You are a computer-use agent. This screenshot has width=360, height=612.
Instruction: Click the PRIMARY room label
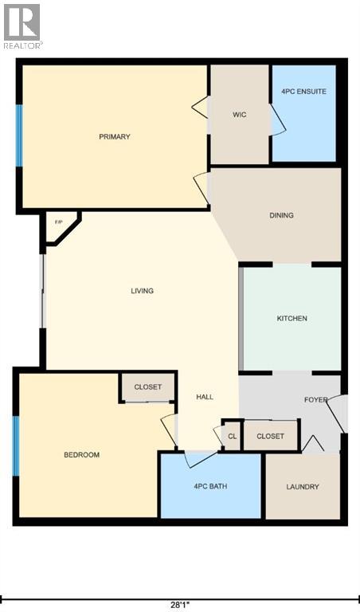point(115,137)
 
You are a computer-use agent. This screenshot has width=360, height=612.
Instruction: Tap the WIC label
point(239,115)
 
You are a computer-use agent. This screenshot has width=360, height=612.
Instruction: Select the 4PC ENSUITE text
point(303,92)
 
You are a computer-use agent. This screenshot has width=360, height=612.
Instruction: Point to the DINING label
point(281,215)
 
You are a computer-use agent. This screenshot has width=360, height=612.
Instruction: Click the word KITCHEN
point(292,319)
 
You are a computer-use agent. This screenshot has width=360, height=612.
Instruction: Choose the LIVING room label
point(142,291)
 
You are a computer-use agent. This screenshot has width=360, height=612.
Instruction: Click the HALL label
point(205,397)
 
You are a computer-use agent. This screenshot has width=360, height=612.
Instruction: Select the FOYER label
point(315,399)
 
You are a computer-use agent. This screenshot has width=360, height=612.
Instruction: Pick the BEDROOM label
point(81,455)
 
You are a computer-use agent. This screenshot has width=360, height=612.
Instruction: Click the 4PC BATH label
point(211,486)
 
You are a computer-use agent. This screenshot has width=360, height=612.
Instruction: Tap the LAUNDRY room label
point(303,487)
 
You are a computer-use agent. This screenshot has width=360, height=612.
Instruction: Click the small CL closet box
point(232,436)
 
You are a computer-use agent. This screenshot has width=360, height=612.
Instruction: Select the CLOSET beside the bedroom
point(148,387)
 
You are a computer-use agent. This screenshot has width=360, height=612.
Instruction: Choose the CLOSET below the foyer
point(271,436)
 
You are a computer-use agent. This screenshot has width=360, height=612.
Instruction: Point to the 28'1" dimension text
point(180,604)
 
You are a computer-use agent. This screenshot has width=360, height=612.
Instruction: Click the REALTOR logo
point(22,26)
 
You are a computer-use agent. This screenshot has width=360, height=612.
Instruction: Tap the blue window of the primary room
point(19,136)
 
